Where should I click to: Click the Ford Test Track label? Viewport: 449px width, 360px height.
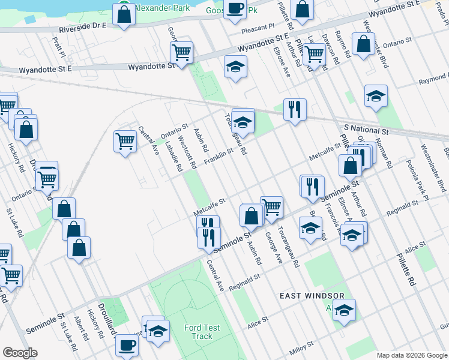pos(202,332)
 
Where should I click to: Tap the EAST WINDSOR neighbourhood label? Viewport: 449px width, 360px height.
pos(312,296)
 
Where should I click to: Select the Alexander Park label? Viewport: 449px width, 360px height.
pos(161,8)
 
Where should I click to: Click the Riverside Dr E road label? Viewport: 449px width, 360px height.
pos(82,27)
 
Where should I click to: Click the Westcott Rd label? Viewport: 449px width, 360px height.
pos(188,155)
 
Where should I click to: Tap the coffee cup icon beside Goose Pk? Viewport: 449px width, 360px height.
pos(235,9)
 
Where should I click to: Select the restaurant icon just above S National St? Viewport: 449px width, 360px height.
pos(294,109)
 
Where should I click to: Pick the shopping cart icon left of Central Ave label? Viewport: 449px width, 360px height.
pos(125,142)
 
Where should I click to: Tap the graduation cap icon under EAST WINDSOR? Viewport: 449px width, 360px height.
pos(344,310)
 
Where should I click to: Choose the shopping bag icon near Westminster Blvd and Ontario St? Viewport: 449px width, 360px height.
pos(363,44)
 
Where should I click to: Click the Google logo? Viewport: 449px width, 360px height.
pos(20,353)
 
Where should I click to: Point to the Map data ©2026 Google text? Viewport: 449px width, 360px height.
pos(412,355)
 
